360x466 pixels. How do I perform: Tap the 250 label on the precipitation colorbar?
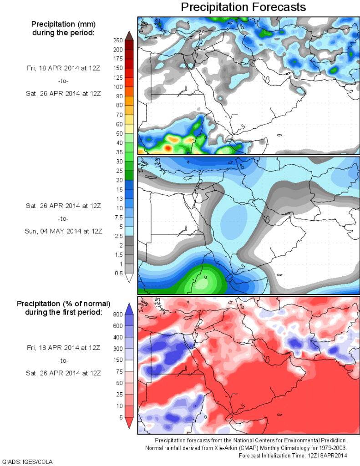[x=118, y=40]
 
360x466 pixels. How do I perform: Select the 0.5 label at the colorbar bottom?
[x=119, y=273]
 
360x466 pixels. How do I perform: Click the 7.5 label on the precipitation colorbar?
[x=119, y=217]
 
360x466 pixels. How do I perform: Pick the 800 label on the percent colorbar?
[x=118, y=314]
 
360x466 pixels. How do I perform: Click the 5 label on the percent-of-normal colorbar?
[x=121, y=417]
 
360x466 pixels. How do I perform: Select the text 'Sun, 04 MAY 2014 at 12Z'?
[x=63, y=231]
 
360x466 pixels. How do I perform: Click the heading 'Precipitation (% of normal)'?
[x=64, y=303]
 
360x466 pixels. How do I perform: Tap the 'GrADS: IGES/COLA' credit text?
[x=28, y=461]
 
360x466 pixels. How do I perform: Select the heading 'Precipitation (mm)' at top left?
[x=63, y=24]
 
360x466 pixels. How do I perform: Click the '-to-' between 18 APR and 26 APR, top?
[x=63, y=81]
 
